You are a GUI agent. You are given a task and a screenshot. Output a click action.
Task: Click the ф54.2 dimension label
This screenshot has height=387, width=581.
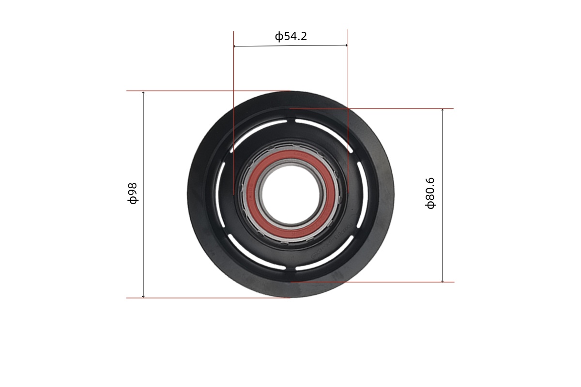tap(291, 36)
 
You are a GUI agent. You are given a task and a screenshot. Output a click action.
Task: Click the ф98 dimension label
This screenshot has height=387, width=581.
tap(133, 193)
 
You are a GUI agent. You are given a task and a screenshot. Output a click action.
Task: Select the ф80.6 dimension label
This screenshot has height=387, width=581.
tap(430, 193)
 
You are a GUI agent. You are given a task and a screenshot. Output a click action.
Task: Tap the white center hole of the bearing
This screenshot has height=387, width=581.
tap(291, 194)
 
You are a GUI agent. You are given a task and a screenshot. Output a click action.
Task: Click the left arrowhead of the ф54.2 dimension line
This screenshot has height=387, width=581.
tap(234, 46)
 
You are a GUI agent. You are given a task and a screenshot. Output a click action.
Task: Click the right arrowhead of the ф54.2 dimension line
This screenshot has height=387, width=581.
tap(347, 45)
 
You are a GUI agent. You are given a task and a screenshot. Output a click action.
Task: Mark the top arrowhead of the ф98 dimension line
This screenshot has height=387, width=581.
tap(143, 92)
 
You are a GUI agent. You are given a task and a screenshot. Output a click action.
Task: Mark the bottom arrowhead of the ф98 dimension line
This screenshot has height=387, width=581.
tap(143, 296)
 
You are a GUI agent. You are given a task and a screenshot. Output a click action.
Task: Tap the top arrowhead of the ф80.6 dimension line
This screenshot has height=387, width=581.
tap(443, 110)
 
